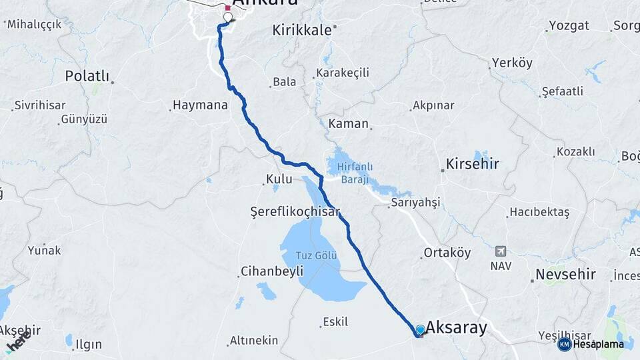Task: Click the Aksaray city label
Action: click(457, 327)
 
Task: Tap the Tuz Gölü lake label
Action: click(317, 256)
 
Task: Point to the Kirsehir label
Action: click(473, 163)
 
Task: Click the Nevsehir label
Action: click(565, 275)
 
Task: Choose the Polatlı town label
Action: click(87, 76)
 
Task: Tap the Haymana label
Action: click(200, 105)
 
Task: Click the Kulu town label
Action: click(279, 179)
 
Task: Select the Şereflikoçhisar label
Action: click(295, 211)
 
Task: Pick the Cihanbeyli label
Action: click(271, 271)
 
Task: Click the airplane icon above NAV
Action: click(500, 251)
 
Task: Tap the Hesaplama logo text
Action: click(599, 344)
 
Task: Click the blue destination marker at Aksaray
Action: click(420, 329)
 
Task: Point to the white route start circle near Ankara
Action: click(228, 18)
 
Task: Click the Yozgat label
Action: click(569, 27)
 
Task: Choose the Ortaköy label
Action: click(447, 253)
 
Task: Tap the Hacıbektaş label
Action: click(539, 213)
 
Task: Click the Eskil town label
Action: click(335, 322)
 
